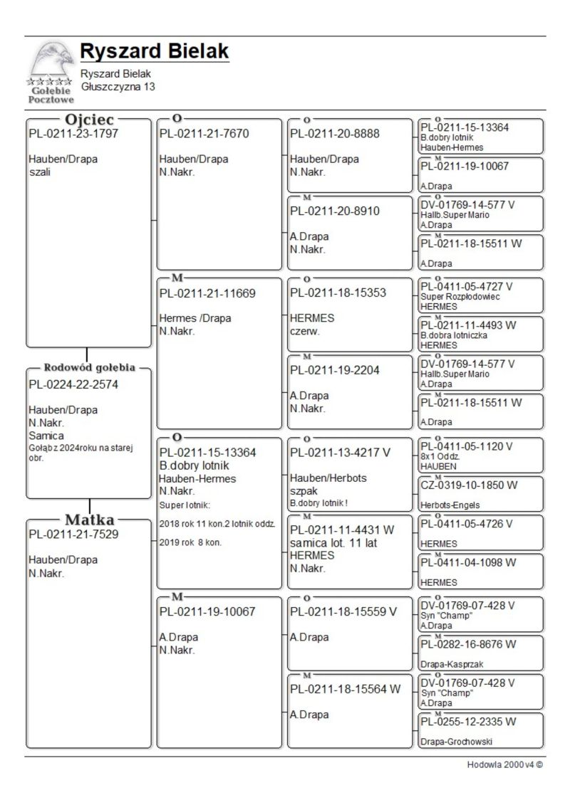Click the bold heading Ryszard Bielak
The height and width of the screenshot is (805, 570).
155,51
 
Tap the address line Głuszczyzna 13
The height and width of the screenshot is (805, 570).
118,86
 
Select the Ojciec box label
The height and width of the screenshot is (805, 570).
90,120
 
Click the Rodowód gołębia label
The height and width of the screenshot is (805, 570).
89,368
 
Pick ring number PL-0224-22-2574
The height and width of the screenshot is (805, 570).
73,384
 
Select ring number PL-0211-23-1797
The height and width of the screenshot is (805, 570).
73,133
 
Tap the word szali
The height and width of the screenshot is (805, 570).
39,172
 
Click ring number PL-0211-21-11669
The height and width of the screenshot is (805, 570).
207,293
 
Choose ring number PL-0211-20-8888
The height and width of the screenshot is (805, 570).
335,133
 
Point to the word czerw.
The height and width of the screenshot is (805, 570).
304,331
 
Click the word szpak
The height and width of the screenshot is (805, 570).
304,491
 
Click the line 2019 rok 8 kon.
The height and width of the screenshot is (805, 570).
187,542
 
